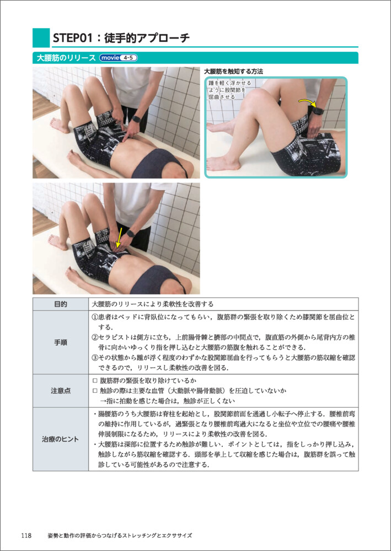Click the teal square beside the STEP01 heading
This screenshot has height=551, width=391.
tap(41, 37)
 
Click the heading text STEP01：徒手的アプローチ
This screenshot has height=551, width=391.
tap(121, 38)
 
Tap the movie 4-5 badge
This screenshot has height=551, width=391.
tap(118, 58)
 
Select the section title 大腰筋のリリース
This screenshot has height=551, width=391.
tap(65, 58)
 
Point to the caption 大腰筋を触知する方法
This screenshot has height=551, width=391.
tap(234, 71)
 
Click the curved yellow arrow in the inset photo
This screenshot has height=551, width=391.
tap(307, 102)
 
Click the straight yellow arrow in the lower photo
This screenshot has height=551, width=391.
tap(119, 238)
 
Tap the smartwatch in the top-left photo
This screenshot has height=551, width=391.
tap(136, 119)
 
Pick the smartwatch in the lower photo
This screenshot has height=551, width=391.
tap(131, 233)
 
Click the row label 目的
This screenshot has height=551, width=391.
tap(60, 304)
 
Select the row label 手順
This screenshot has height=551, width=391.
tap(60, 343)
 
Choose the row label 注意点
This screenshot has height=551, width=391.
tap(60, 391)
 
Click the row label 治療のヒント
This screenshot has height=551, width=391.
tap(60, 439)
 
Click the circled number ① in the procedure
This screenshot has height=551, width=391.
tap(95, 317)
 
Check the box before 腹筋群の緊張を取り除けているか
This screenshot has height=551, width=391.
tap(94, 381)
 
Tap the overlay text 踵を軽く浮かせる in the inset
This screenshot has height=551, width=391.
tap(229, 84)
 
